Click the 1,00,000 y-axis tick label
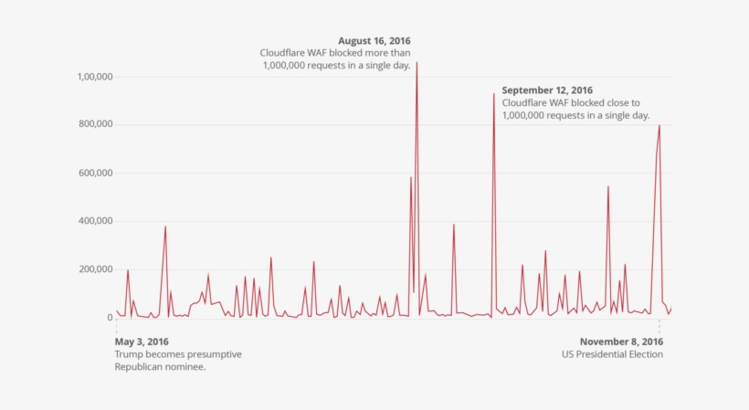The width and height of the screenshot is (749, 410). click(x=92, y=77)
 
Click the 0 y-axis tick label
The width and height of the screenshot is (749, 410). click(x=108, y=318)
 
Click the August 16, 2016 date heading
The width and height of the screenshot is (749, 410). click(x=374, y=41)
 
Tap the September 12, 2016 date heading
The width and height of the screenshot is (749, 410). click(x=547, y=90)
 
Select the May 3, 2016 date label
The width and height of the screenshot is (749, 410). click(x=142, y=342)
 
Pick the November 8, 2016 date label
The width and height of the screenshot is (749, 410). click(x=621, y=342)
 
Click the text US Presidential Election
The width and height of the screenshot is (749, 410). click(x=612, y=354)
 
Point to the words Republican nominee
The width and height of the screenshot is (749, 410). click(x=160, y=366)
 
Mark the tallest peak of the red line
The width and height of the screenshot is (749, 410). click(x=417, y=64)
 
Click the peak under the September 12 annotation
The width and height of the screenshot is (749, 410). click(x=494, y=94)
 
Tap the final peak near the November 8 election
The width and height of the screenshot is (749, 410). click(x=659, y=126)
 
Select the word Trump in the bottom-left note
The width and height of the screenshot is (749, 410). click(x=129, y=354)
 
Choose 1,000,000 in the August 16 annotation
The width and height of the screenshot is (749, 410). click(x=289, y=66)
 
